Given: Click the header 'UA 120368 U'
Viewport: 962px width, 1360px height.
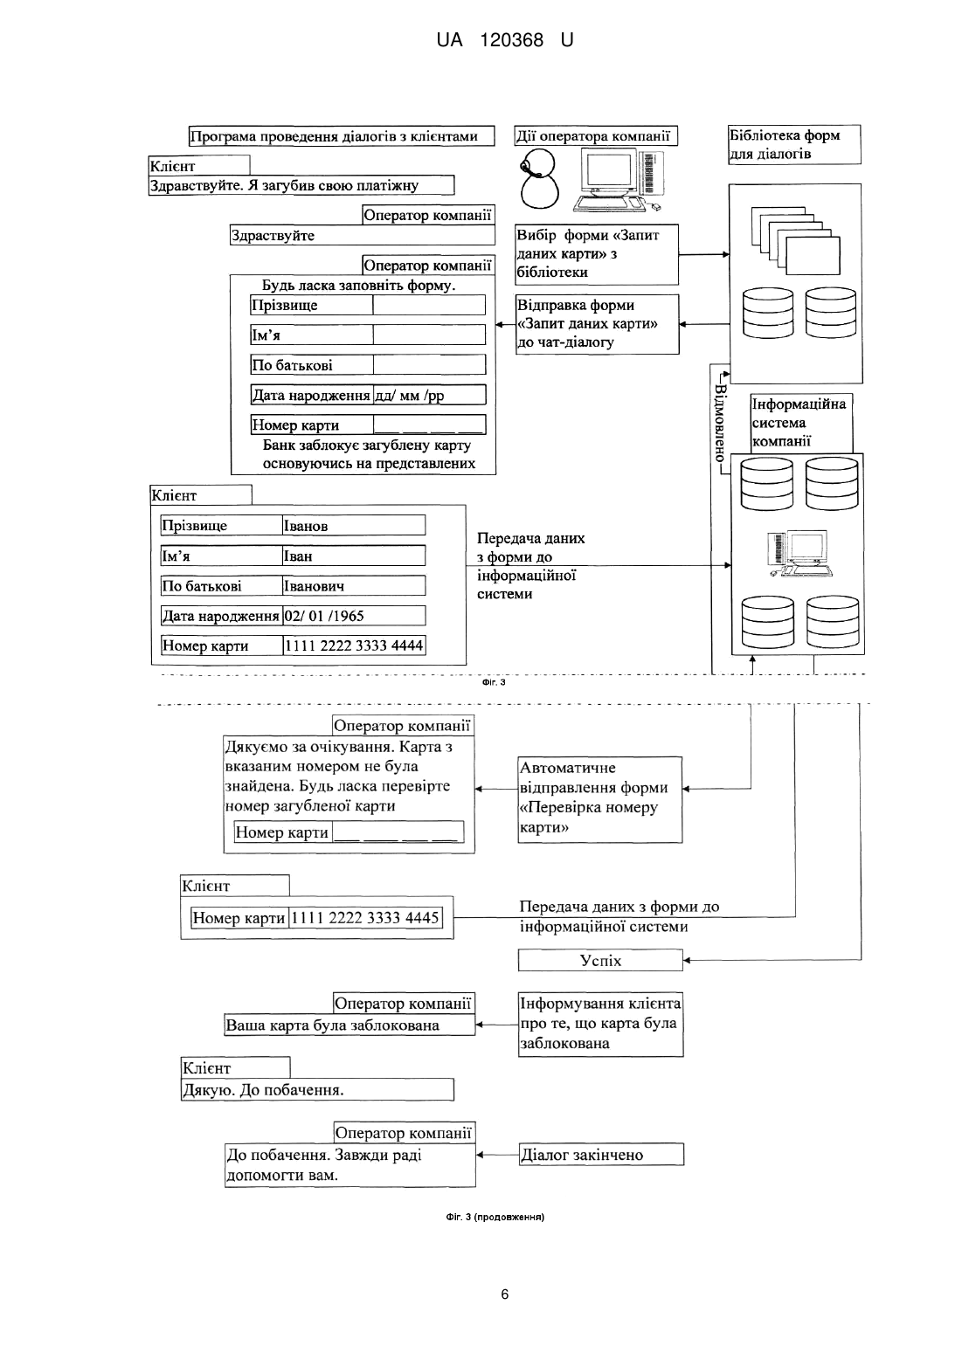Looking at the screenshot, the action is click(x=505, y=40).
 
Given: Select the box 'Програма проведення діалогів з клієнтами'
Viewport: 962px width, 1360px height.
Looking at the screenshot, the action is click(x=342, y=136).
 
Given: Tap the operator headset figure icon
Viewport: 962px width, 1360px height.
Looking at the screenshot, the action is click(x=539, y=179).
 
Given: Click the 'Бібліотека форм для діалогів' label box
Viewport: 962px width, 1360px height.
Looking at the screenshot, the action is click(x=794, y=144).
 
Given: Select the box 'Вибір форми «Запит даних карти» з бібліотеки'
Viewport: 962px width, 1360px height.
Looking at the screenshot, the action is click(x=597, y=254).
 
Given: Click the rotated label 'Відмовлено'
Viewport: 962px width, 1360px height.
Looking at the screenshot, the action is click(x=720, y=423).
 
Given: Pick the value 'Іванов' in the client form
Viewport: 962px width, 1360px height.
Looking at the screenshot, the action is click(x=306, y=526).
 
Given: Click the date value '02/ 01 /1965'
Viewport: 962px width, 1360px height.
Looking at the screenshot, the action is click(x=324, y=616).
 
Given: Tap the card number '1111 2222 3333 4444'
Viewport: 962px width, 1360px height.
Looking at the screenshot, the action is click(x=354, y=645).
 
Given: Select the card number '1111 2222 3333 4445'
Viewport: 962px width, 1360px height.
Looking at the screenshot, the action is click(x=365, y=917).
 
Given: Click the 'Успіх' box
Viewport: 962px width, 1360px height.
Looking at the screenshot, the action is click(x=600, y=961).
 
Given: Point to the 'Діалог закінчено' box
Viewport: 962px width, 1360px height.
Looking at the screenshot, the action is click(x=601, y=1154).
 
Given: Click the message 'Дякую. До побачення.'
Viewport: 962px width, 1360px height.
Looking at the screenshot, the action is click(x=318, y=1090).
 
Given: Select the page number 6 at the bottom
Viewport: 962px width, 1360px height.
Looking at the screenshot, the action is click(x=505, y=1294).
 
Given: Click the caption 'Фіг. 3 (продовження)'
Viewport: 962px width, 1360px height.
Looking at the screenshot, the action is click(x=495, y=1217).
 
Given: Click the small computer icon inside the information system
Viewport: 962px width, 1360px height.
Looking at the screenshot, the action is click(x=799, y=554).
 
